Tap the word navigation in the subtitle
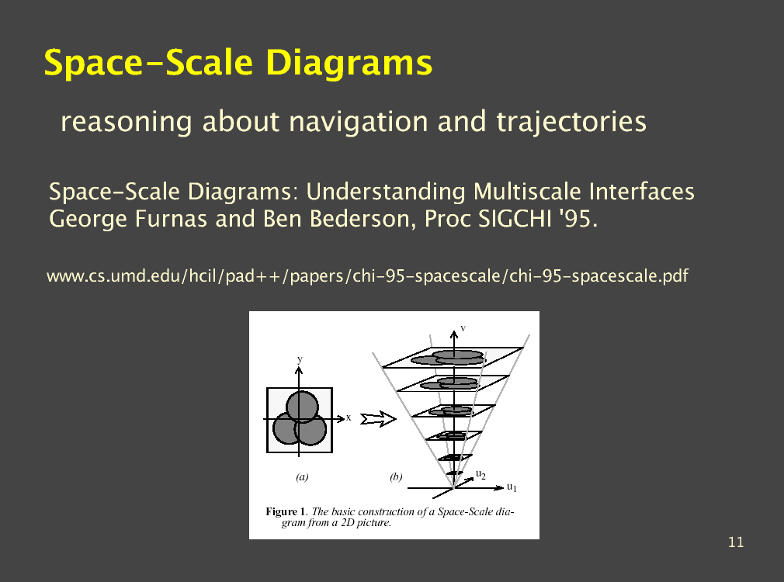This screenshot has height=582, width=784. pos(358,122)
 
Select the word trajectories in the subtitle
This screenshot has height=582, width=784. pos(571,122)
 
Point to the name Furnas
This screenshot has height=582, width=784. pos(171,219)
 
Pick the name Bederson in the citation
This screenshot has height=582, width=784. pos(363,219)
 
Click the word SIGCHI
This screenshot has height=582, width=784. pos(515,219)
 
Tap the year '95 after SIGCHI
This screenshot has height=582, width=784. pos(578,219)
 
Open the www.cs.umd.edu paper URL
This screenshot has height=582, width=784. pos(367,276)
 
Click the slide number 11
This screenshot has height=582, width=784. pos(736,542)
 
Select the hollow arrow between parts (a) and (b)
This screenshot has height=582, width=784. pos(378,419)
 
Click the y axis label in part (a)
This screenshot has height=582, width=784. pos(300,359)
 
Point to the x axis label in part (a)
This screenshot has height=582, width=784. pos(349,417)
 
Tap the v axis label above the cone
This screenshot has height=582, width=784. pos(463,328)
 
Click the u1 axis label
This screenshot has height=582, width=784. pos(512,487)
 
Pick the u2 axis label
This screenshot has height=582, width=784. pos(480,474)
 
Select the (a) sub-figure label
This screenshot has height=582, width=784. pos(302,476)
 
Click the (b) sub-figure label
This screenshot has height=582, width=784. pos(396,476)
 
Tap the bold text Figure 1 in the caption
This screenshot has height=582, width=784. pos(285,511)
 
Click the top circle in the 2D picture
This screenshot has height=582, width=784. pos(302,407)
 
